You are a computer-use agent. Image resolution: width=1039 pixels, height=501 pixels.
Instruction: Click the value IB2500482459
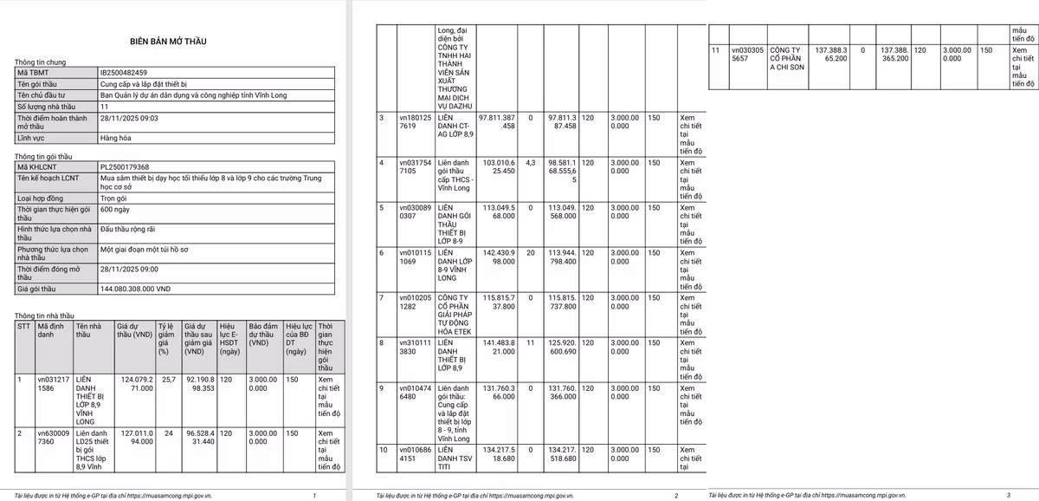[123, 73]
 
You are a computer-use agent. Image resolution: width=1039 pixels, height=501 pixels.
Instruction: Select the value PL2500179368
[125, 167]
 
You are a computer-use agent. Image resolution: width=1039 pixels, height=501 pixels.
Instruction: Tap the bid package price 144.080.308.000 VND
[141, 288]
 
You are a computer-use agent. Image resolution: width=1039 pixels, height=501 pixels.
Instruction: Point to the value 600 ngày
[116, 209]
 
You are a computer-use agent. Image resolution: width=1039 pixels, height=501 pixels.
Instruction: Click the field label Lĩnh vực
[34, 138]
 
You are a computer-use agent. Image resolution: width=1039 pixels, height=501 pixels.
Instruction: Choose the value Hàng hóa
[118, 138]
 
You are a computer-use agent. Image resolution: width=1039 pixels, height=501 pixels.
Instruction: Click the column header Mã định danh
[51, 331]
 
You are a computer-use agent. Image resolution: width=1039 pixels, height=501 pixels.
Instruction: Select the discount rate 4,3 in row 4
[531, 162]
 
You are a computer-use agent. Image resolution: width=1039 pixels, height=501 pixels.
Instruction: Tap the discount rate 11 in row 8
[531, 343]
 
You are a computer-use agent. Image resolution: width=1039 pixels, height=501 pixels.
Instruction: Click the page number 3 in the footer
[1008, 495]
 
